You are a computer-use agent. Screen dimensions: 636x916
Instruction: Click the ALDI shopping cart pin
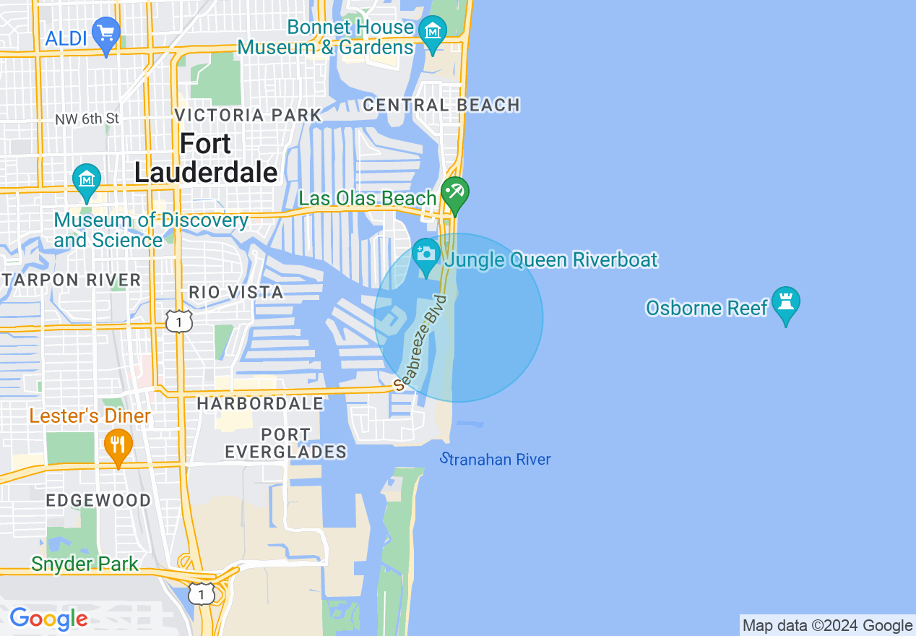106,34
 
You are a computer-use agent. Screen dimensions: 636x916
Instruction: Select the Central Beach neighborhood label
441,106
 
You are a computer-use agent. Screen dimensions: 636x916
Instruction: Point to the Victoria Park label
248,115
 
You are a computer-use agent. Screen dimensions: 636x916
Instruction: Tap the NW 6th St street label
87,119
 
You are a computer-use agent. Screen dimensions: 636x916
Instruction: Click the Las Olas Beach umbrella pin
455,194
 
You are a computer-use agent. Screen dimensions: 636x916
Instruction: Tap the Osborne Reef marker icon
785,304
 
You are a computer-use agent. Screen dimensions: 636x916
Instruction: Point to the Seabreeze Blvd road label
427,339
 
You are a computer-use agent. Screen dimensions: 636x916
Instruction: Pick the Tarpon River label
72,280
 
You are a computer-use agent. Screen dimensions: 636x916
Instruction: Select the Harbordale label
260,404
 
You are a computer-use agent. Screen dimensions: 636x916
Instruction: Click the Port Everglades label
285,443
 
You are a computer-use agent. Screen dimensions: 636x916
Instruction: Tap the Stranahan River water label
496,459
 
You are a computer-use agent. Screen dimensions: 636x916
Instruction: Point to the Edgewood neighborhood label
98,500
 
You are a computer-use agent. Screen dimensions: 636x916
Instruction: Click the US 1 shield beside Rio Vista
179,320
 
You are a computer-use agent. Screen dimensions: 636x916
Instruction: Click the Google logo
48,619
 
